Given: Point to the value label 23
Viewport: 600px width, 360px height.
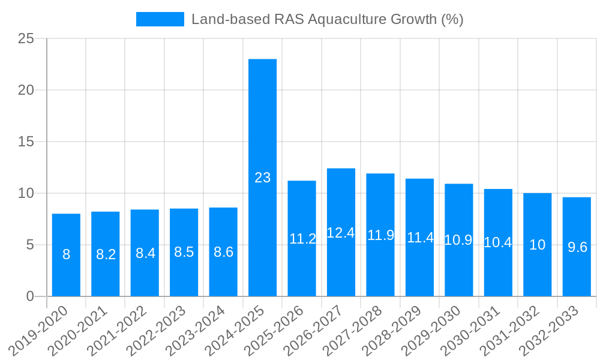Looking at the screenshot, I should click(263, 178).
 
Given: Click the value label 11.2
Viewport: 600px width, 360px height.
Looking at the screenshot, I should click(302, 239).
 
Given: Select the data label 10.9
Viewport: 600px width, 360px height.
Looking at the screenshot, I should click(458, 240).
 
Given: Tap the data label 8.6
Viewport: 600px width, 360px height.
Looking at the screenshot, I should click(223, 252).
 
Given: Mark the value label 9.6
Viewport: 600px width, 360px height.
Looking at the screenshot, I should click(577, 247).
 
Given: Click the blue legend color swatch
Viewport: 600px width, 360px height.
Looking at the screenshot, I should click(160, 19).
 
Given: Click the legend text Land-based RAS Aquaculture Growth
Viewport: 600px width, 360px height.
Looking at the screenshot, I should click(327, 19).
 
